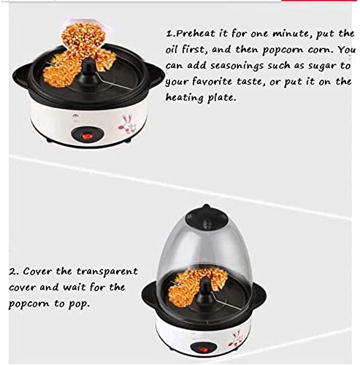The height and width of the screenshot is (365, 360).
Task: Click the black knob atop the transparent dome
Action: pos(218,209)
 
